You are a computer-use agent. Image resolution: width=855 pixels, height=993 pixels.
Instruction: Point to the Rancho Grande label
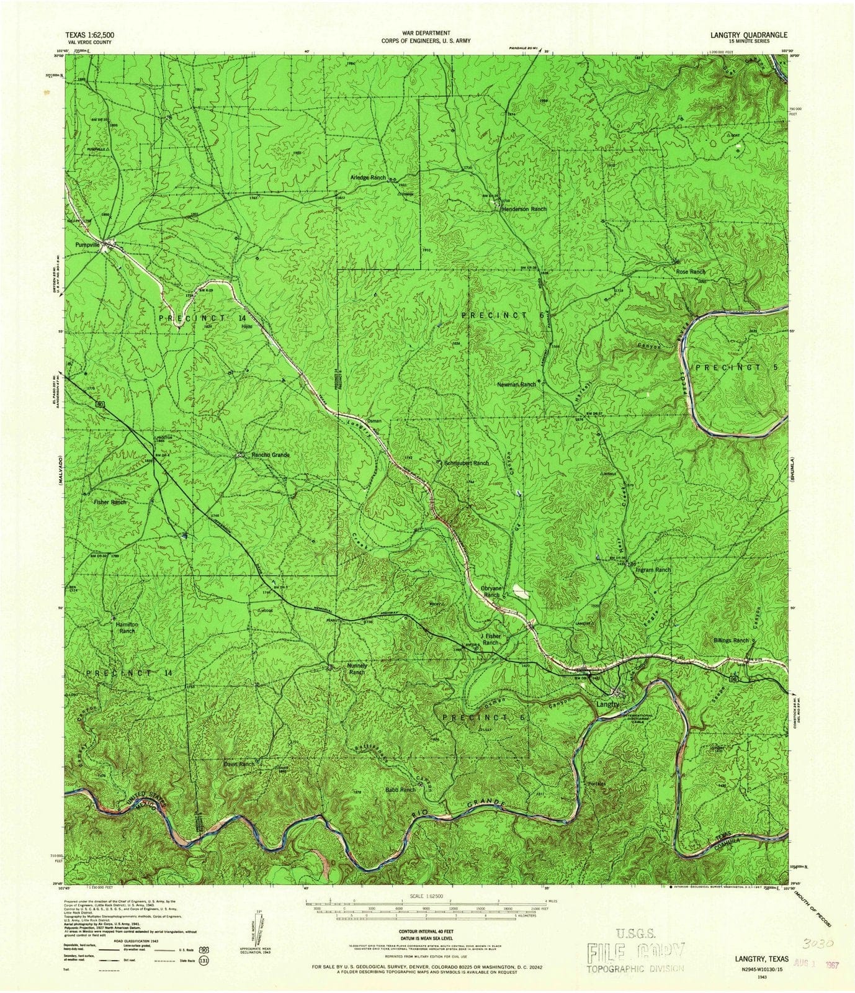(x=271, y=455)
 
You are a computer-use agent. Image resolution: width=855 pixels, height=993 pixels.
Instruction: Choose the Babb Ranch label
(x=400, y=789)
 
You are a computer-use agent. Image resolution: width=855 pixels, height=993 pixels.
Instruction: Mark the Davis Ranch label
(x=239, y=763)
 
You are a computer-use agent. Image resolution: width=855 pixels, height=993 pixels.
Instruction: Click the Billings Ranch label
(x=731, y=640)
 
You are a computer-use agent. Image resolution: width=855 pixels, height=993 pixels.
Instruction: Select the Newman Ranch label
(x=516, y=385)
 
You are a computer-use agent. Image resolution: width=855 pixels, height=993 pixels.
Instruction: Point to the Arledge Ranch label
(x=369, y=177)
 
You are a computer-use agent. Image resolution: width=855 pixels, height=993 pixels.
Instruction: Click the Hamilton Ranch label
(x=127, y=627)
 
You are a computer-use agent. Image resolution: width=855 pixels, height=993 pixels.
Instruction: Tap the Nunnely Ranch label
(x=357, y=668)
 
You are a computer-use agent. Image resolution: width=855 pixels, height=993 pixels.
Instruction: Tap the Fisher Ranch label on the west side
(x=110, y=502)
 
